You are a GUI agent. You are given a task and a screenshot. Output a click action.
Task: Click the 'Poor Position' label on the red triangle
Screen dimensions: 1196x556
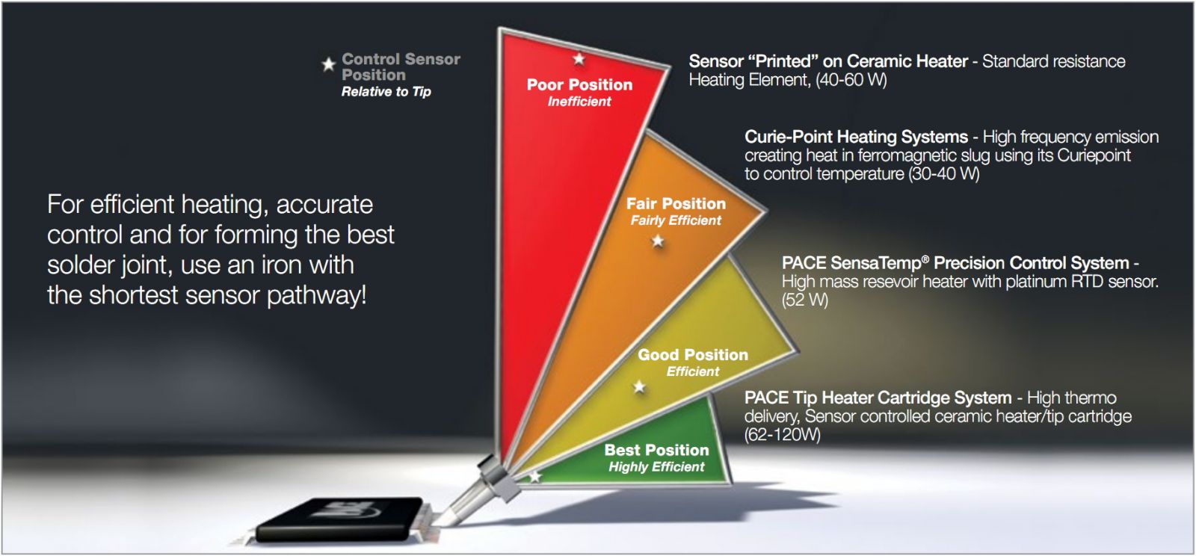click(x=579, y=84)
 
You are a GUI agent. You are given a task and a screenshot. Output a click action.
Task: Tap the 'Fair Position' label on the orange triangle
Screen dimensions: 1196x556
click(x=676, y=203)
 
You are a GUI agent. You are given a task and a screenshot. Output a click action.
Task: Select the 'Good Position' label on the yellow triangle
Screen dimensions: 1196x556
click(x=693, y=354)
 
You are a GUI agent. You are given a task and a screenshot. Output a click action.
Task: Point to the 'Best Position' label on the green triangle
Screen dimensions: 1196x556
click(x=657, y=450)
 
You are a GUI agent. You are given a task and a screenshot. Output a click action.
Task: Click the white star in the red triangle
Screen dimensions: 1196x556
click(x=579, y=59)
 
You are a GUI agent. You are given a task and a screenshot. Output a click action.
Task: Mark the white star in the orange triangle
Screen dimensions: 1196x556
click(x=658, y=241)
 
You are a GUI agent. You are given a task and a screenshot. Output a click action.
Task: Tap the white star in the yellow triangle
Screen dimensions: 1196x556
click(x=639, y=387)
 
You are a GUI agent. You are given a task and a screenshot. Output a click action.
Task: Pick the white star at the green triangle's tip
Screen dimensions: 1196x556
click(x=535, y=476)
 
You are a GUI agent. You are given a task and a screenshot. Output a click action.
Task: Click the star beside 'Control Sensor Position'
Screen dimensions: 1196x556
click(x=328, y=64)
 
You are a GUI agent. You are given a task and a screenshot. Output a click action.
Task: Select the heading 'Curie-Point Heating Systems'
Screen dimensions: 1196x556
click(x=856, y=138)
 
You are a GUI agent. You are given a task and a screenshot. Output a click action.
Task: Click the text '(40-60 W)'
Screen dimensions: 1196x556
click(x=851, y=80)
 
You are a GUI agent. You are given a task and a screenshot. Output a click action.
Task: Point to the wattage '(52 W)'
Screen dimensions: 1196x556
click(x=804, y=300)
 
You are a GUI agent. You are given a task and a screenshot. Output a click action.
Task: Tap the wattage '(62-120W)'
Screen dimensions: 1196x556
click(x=782, y=434)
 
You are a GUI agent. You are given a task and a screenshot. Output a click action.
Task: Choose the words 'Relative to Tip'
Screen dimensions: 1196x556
click(x=386, y=92)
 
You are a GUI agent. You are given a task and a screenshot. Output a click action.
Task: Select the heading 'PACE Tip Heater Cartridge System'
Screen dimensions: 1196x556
click(x=878, y=398)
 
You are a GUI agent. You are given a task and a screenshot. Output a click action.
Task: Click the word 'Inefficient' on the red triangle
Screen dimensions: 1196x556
click(x=579, y=102)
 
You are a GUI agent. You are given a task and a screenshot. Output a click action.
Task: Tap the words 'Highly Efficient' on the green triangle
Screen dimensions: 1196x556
click(x=657, y=467)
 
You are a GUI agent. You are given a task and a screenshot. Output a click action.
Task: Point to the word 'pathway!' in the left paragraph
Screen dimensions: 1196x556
click(x=317, y=296)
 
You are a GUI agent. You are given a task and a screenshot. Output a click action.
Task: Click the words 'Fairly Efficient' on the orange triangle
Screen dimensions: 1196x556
click(x=676, y=220)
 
